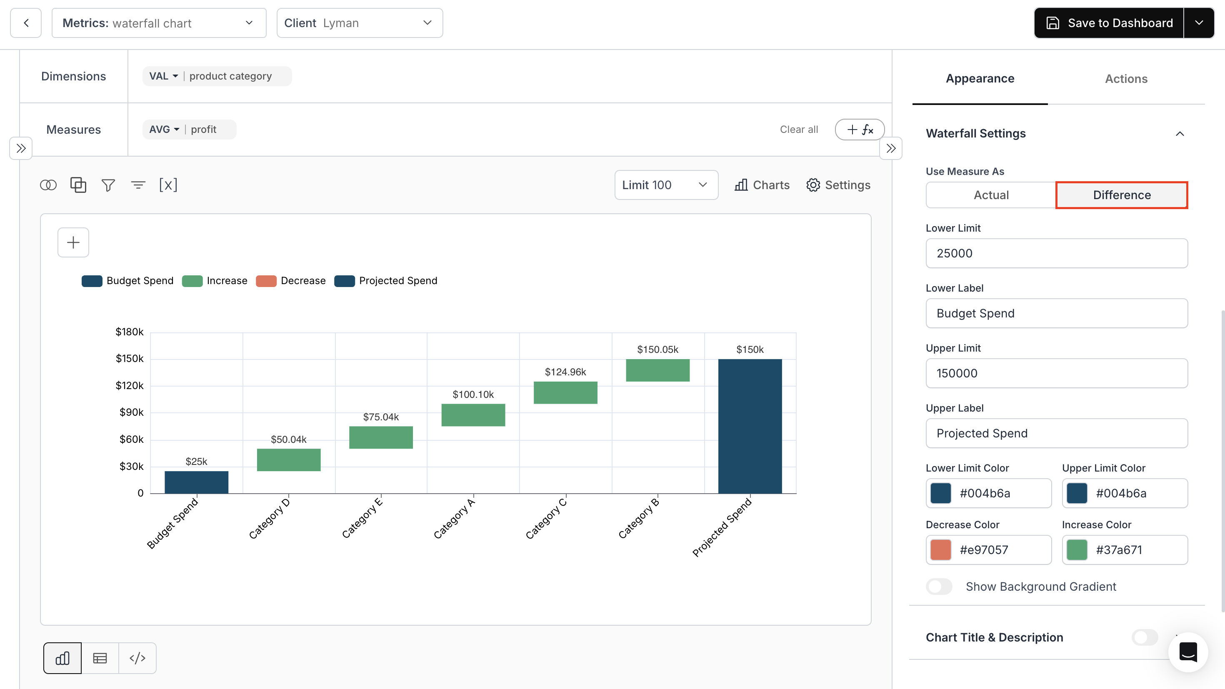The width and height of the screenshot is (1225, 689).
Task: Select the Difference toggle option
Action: click(x=1121, y=195)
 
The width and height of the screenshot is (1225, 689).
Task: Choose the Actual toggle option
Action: click(x=990, y=195)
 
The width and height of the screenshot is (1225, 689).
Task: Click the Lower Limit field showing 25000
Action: click(x=1056, y=253)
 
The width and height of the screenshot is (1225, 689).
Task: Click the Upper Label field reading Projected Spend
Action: click(x=1056, y=433)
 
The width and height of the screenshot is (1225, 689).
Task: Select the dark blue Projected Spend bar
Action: click(x=750, y=426)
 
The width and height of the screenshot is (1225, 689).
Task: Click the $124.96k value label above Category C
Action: click(x=565, y=372)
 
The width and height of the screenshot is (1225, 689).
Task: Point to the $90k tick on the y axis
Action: click(x=131, y=412)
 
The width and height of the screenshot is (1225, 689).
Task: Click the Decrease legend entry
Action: click(x=291, y=280)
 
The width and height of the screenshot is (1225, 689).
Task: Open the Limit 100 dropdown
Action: click(x=666, y=185)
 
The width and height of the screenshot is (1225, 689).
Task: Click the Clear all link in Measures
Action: click(x=798, y=129)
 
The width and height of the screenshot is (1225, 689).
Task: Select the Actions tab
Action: click(x=1125, y=78)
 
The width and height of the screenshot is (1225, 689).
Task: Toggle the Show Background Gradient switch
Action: click(x=939, y=586)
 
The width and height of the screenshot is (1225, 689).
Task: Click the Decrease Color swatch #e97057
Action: click(x=940, y=550)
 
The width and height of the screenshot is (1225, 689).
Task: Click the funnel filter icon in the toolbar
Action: click(x=108, y=185)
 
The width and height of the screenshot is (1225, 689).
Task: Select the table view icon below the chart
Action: click(x=100, y=658)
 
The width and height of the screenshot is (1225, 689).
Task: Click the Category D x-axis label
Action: click(x=269, y=518)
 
